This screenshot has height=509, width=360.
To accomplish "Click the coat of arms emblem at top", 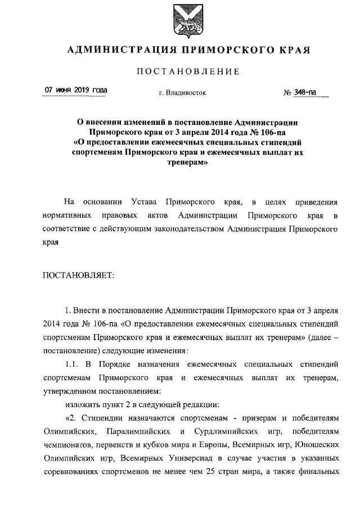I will pos(179,18).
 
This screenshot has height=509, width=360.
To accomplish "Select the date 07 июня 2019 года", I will pos(75,91).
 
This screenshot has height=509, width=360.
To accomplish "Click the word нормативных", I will pos(69,215).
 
